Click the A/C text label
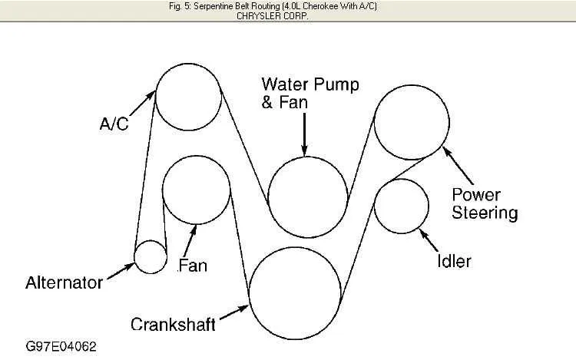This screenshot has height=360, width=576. pyautogui.click(x=114, y=124)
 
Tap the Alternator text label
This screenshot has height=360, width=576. pyautogui.click(x=64, y=283)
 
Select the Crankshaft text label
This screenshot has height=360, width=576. pyautogui.click(x=173, y=325)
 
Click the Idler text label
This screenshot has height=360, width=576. pyautogui.click(x=454, y=261)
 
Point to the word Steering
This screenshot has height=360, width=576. pyautogui.click(x=485, y=213)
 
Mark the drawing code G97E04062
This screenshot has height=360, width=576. pyautogui.click(x=61, y=346)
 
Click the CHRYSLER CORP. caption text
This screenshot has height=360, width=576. pyautogui.click(x=272, y=16)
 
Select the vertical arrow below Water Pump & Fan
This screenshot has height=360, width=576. pyautogui.click(x=305, y=134)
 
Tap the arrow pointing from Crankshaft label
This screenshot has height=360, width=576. pyautogui.click(x=234, y=312)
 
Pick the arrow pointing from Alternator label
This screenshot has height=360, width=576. pyautogui.click(x=121, y=270)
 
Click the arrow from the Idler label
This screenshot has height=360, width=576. pyautogui.click(x=429, y=240)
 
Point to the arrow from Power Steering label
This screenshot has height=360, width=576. pyautogui.click(x=458, y=165)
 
